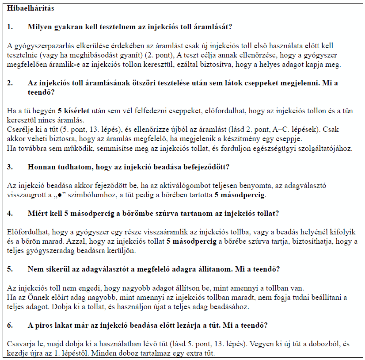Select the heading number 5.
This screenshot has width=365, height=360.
coord(10,269)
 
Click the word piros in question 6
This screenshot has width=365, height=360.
coord(44,326)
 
